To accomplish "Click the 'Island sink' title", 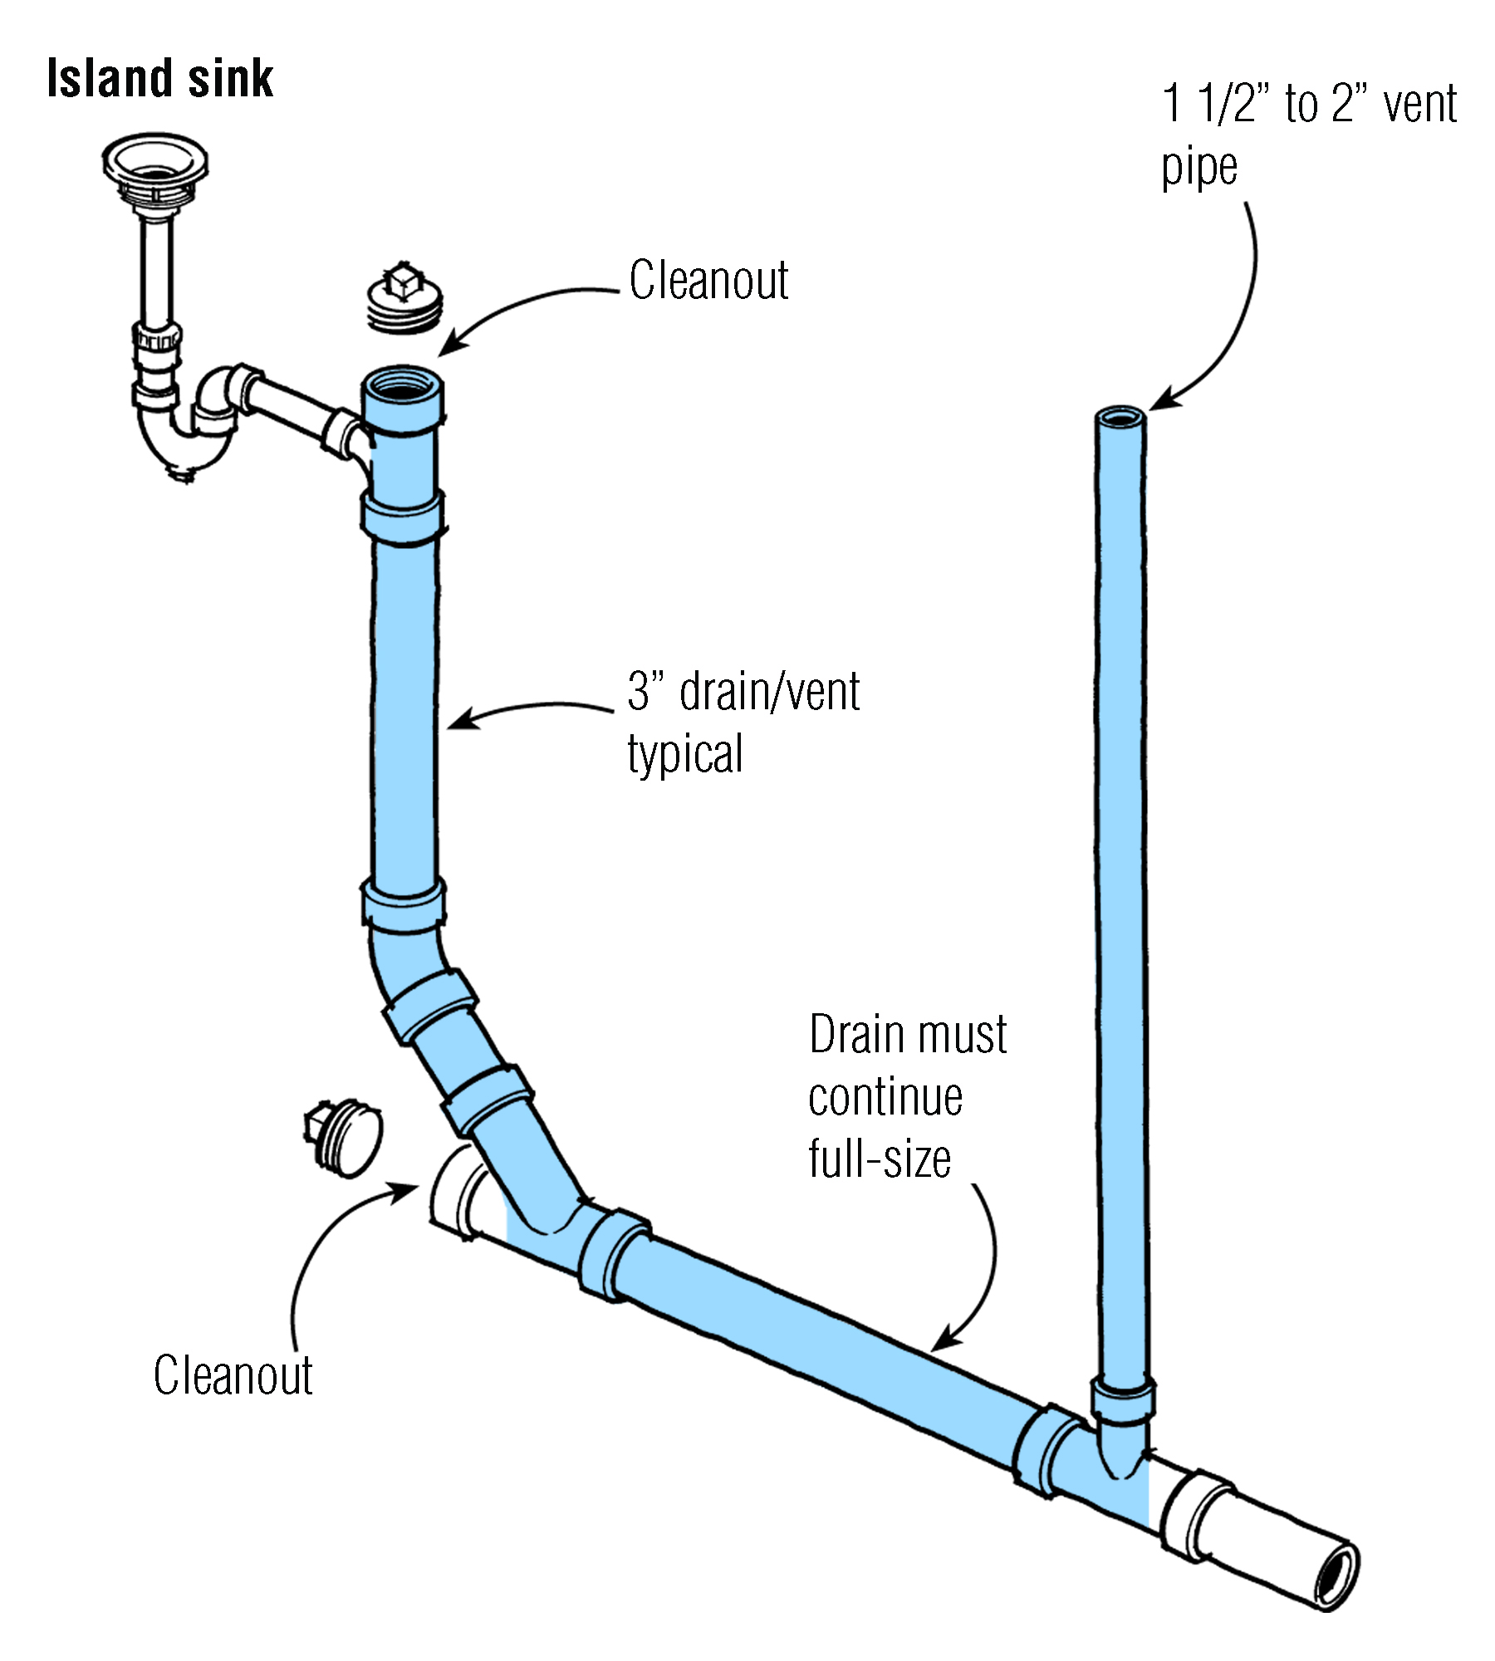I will tap(159, 79).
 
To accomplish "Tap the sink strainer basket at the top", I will tap(155, 162).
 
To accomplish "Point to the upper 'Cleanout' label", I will tap(708, 280).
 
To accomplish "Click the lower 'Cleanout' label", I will tap(233, 1375).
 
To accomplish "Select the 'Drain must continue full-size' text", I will tap(907, 1096).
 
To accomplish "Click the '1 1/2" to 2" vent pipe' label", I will tap(1308, 135).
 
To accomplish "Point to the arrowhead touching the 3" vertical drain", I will tap(459, 721).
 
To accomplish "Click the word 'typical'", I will tap(685, 754).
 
